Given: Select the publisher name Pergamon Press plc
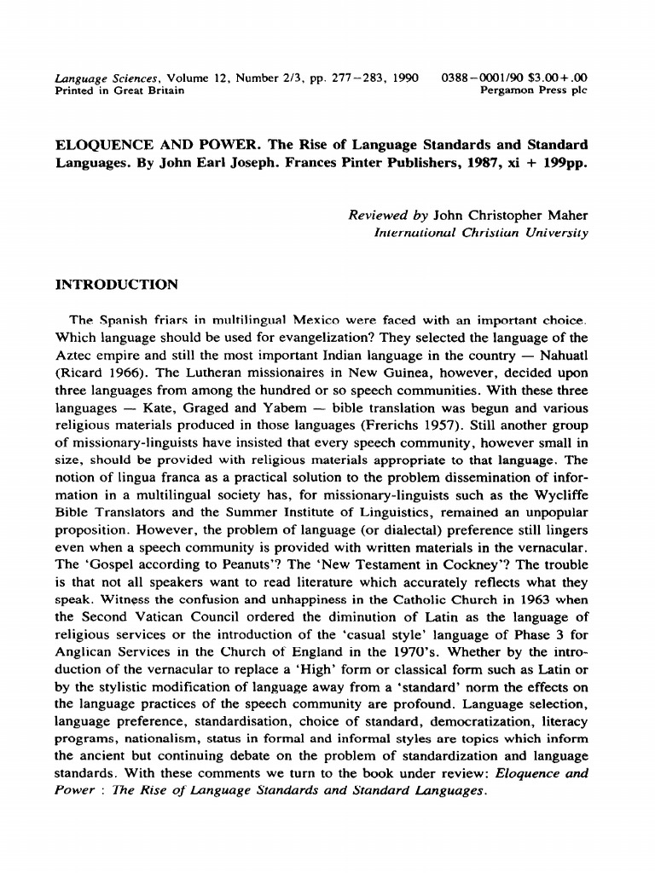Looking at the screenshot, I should click(535, 90).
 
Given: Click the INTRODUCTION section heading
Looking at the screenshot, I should click(116, 284).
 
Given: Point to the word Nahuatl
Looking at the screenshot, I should click(559, 355).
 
